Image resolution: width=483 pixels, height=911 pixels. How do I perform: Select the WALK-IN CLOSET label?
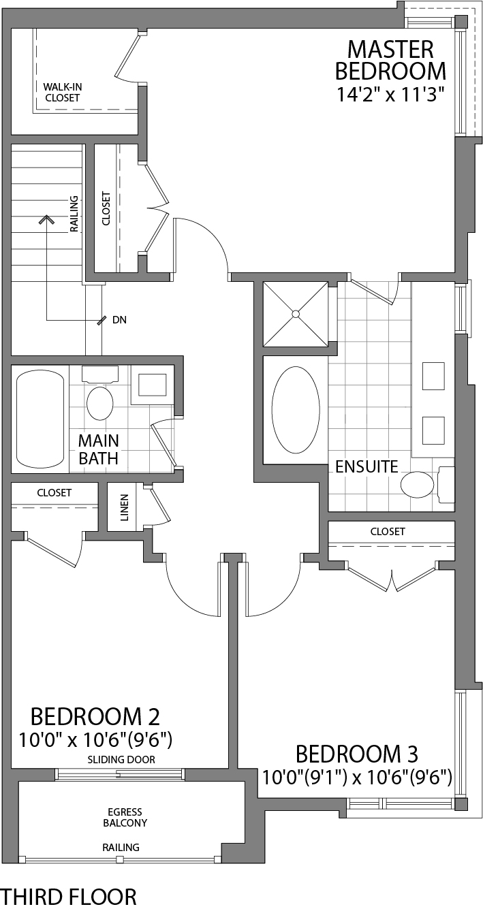pyautogui.click(x=62, y=93)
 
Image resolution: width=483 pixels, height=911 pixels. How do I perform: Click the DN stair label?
pyautogui.click(x=119, y=319)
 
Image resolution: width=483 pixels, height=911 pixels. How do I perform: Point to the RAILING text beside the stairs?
pyautogui.click(x=74, y=213)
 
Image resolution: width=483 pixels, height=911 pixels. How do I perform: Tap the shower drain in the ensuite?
pyautogui.click(x=296, y=314)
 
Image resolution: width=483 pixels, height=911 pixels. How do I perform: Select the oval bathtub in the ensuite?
pyautogui.click(x=296, y=412)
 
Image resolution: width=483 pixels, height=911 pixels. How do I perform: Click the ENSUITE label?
pyautogui.click(x=367, y=467)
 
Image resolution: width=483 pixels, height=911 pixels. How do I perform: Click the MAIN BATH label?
pyautogui.click(x=98, y=449)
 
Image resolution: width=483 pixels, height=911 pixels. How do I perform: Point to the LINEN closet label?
pyautogui.click(x=125, y=507)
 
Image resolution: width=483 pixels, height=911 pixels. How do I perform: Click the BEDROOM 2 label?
pyautogui.click(x=95, y=716)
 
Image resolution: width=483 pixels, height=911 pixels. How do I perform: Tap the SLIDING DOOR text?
pyautogui.click(x=121, y=759)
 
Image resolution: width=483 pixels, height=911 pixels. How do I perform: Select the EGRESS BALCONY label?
pyautogui.click(x=127, y=817)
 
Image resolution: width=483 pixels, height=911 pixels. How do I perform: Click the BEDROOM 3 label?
pyautogui.click(x=356, y=754)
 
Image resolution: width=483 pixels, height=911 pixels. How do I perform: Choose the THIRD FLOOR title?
pyautogui.click(x=69, y=896)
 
